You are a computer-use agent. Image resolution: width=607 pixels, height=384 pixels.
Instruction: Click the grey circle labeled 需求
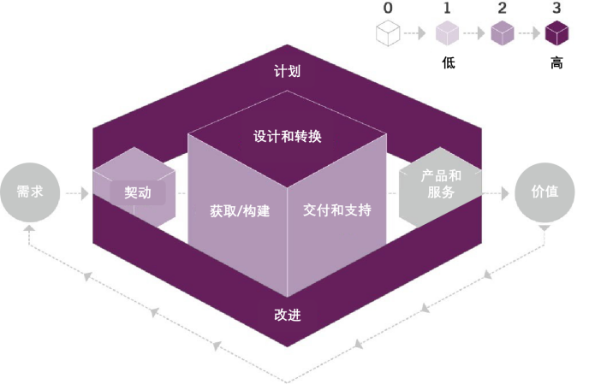click(x=30, y=192)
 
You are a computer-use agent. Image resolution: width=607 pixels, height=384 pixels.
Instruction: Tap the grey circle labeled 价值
click(x=545, y=192)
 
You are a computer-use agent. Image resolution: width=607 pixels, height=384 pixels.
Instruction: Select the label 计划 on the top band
click(x=287, y=71)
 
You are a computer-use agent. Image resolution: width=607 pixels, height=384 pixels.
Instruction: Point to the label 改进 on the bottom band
click(x=288, y=316)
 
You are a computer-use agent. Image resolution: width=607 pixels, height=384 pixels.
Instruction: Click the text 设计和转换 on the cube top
click(x=288, y=137)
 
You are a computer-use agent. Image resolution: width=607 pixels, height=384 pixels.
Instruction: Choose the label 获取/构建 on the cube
click(x=240, y=211)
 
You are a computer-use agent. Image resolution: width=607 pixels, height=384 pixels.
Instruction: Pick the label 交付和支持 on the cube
click(x=336, y=210)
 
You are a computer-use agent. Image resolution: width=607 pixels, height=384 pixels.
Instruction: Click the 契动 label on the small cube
click(x=138, y=192)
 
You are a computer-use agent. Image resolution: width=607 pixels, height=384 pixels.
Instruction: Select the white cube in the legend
click(x=388, y=33)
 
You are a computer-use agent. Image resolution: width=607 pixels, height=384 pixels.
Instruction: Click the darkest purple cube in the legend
click(x=556, y=33)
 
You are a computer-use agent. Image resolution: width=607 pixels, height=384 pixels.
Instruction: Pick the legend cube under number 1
click(x=447, y=33)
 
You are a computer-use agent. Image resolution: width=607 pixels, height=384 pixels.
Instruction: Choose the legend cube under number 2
click(x=502, y=33)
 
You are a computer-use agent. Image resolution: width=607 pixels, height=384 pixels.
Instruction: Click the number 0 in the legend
click(x=388, y=8)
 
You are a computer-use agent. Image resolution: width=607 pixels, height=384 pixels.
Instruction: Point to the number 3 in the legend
click(x=556, y=8)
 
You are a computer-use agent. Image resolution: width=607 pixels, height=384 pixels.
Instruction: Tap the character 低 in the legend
click(x=449, y=62)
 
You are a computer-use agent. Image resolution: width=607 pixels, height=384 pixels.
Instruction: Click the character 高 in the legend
click(x=556, y=62)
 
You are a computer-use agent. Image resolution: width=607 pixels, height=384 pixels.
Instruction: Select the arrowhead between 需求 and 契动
click(x=85, y=193)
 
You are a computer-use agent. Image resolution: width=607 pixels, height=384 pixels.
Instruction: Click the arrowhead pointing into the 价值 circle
click(x=505, y=193)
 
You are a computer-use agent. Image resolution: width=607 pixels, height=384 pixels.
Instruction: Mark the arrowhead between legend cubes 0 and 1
click(x=422, y=33)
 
